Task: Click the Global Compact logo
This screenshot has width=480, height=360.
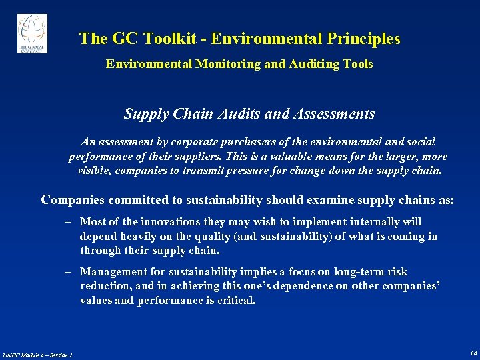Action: click(32, 33)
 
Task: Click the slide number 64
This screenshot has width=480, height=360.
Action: click(473, 353)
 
